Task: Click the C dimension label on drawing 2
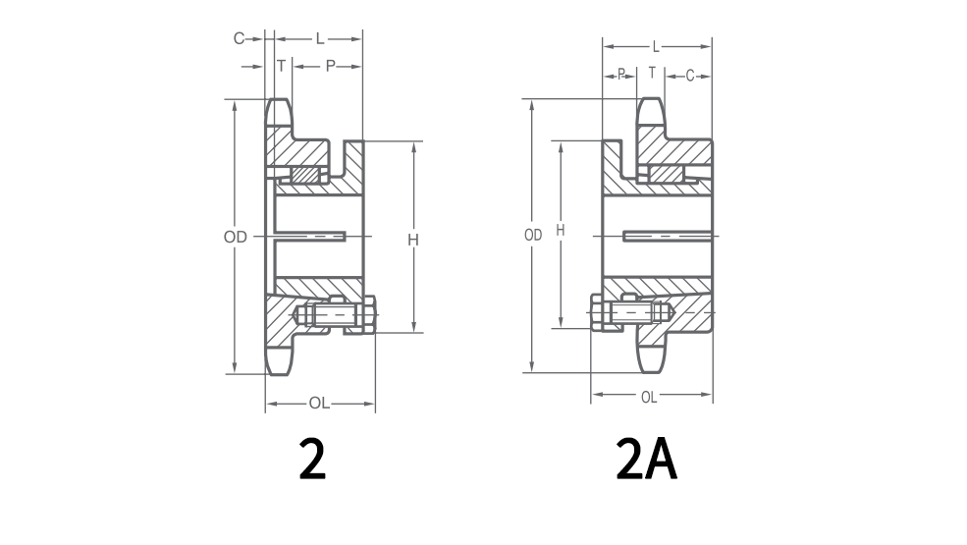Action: tap(238, 38)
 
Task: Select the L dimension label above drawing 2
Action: tap(320, 38)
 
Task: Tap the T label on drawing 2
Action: tap(281, 66)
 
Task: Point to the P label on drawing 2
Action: tap(330, 66)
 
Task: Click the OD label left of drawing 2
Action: tap(234, 237)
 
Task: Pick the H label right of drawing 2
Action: tap(413, 239)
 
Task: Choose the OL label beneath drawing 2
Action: tap(319, 403)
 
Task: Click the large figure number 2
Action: tap(311, 459)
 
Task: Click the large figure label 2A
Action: tap(646, 459)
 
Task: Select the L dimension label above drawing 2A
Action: tap(656, 46)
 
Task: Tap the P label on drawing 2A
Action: tap(621, 75)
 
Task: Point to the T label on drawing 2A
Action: tap(652, 74)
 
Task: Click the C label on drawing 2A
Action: tap(690, 75)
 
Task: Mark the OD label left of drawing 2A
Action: tap(533, 236)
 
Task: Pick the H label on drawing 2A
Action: tap(561, 230)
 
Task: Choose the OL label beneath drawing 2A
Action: tap(649, 397)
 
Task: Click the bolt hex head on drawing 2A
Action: tap(598, 314)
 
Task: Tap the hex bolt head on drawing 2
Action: tap(369, 315)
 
